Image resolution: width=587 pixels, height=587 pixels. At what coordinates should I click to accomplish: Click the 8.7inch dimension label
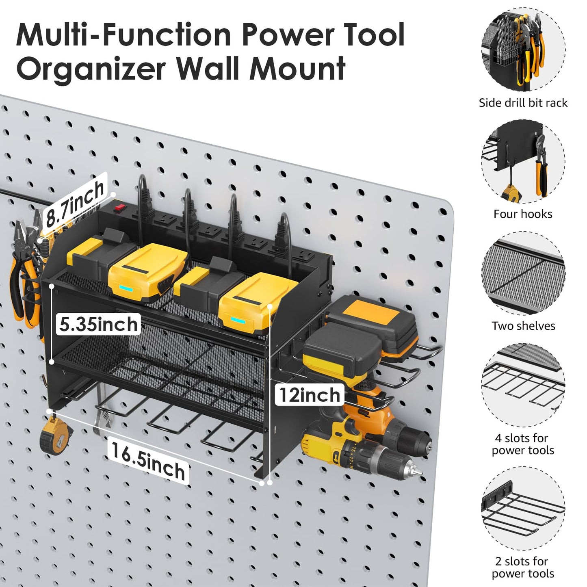75,203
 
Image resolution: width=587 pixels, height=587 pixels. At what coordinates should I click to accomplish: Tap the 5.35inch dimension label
98,324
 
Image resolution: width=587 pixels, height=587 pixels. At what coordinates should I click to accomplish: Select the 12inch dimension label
310,394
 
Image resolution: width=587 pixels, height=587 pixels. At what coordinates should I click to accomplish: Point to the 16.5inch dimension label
148,461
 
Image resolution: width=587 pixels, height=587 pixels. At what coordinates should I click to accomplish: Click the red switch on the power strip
119,209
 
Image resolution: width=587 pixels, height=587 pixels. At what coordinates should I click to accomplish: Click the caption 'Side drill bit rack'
523,103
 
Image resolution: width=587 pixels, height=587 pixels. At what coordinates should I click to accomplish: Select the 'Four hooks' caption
523,214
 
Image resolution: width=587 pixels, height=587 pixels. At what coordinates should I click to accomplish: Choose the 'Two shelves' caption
523,326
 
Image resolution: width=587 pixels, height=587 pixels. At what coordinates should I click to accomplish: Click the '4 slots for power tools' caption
523,444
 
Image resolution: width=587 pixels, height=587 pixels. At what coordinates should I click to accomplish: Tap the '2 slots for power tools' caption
523,567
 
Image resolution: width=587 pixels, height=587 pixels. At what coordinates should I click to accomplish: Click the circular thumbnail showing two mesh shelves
523,273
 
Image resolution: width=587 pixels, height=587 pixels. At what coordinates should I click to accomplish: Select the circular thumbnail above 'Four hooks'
523,161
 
